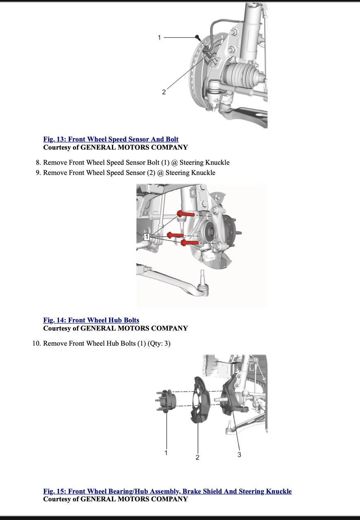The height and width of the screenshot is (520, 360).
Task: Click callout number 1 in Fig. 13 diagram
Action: click(159, 37)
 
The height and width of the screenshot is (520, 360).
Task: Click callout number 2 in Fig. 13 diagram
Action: click(164, 92)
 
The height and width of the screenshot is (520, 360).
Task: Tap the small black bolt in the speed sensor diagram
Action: click(198, 37)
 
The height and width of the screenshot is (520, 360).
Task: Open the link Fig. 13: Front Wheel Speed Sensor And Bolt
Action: click(111, 139)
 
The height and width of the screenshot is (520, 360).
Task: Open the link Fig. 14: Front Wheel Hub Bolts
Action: click(91, 320)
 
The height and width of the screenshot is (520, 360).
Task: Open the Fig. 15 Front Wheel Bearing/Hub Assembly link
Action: click(167, 491)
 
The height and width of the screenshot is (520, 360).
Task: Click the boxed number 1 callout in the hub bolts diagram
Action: click(147, 237)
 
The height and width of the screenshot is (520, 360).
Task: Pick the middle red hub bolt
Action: click(175, 236)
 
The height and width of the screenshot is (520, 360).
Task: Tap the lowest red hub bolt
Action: click(189, 243)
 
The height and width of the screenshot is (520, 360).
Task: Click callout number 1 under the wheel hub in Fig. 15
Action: click(166, 452)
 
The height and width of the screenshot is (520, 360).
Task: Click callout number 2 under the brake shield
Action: click(198, 457)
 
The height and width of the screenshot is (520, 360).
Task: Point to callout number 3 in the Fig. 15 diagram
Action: click(239, 454)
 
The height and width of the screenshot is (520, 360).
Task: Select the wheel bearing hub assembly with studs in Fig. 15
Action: click(166, 401)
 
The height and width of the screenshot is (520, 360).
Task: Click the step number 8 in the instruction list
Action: click(38, 163)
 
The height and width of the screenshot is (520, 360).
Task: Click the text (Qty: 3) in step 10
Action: click(159, 344)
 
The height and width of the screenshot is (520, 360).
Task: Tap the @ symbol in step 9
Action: click(160, 173)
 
